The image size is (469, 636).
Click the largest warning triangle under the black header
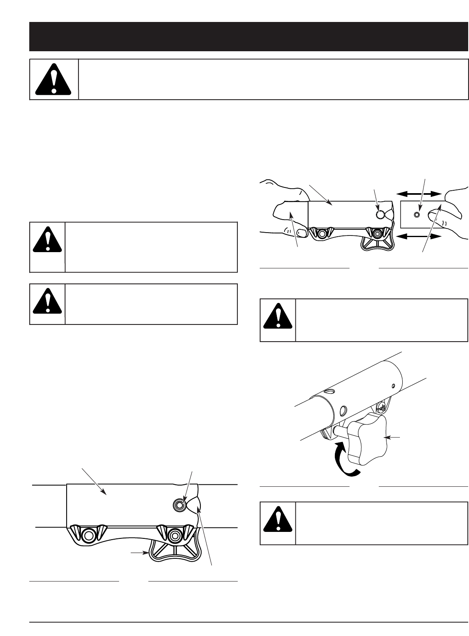(x=53, y=80)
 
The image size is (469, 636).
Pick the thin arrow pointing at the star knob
(x=393, y=438)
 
